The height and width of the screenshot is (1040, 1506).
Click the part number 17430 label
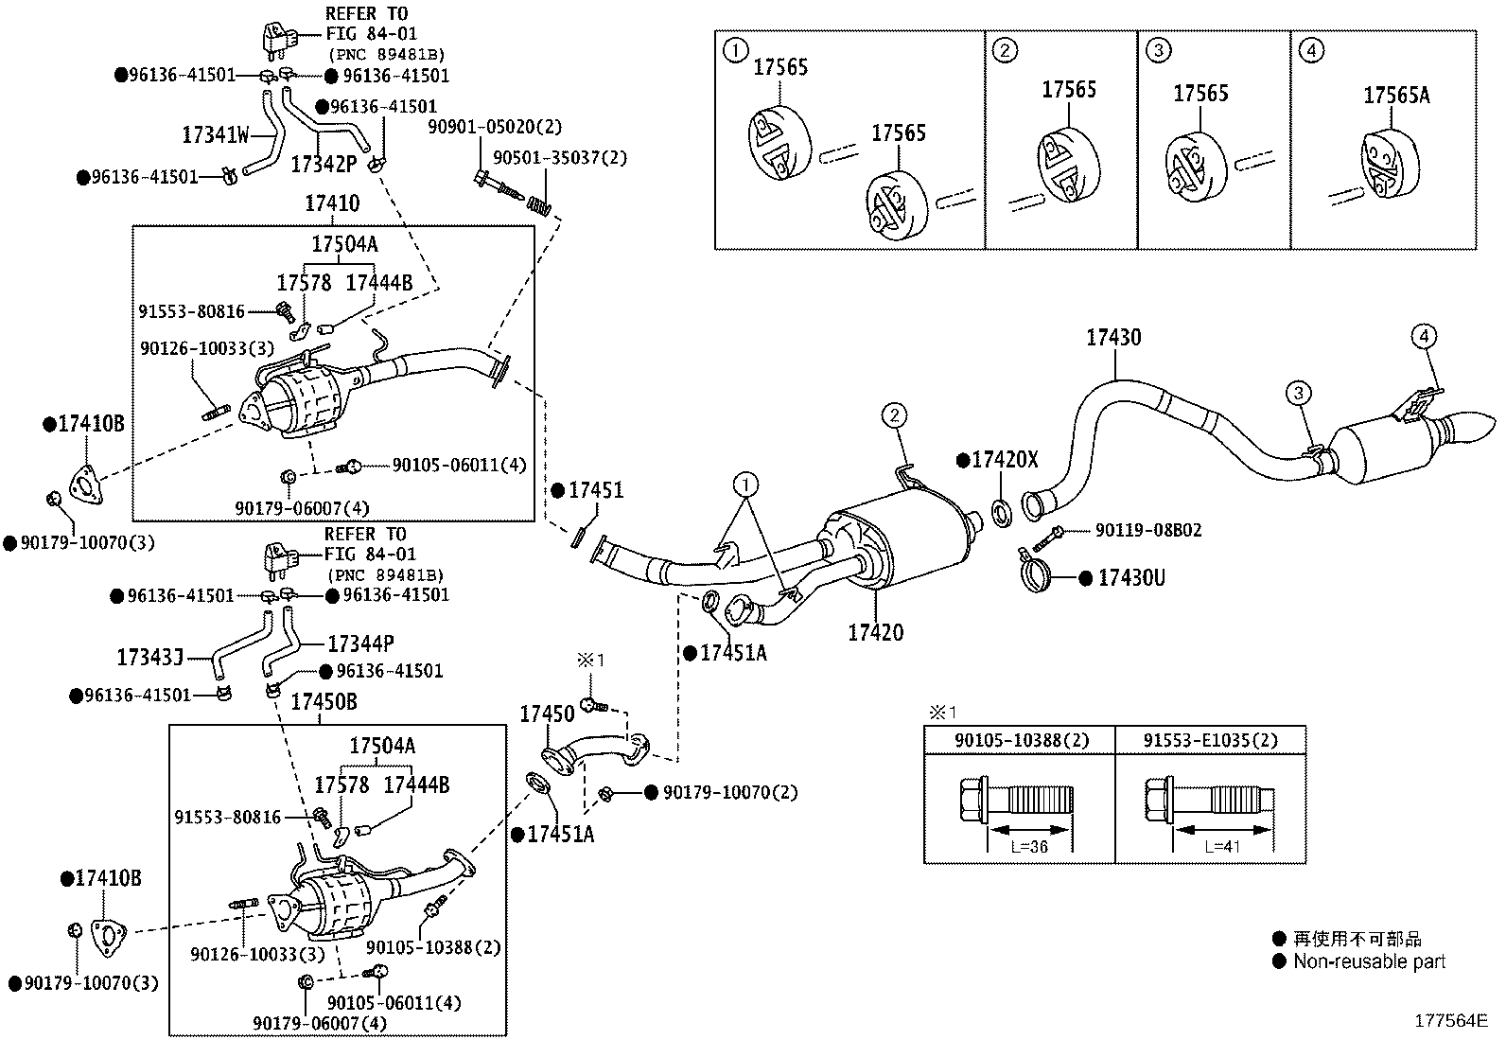pyautogui.click(x=1113, y=337)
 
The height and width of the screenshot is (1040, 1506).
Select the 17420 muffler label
pyautogui.click(x=875, y=632)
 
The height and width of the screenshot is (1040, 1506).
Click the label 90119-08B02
pyautogui.click(x=1148, y=530)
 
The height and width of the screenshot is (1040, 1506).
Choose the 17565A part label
pyautogui.click(x=1396, y=96)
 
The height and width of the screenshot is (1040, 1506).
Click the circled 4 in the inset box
pyautogui.click(x=1312, y=50)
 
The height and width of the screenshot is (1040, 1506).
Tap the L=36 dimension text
pyautogui.click(x=1029, y=846)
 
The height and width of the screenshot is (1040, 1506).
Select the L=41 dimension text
pyautogui.click(x=1221, y=846)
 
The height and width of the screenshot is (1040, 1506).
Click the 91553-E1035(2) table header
pyautogui.click(x=1210, y=740)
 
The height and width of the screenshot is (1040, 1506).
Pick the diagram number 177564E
pyautogui.click(x=1451, y=1020)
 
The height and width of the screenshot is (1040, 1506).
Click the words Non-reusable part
pyautogui.click(x=1369, y=961)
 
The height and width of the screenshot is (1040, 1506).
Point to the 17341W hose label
pyautogui.click(x=215, y=135)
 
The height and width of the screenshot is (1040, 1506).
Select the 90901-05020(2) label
pyautogui.click(x=495, y=127)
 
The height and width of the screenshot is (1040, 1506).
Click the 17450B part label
pyautogui.click(x=324, y=701)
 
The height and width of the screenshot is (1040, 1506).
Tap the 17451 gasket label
pyautogui.click(x=596, y=490)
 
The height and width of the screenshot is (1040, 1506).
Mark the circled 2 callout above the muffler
pyautogui.click(x=894, y=415)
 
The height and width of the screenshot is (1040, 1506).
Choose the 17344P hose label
pyautogui.click(x=360, y=643)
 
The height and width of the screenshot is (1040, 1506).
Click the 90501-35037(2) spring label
pyautogui.click(x=560, y=158)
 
